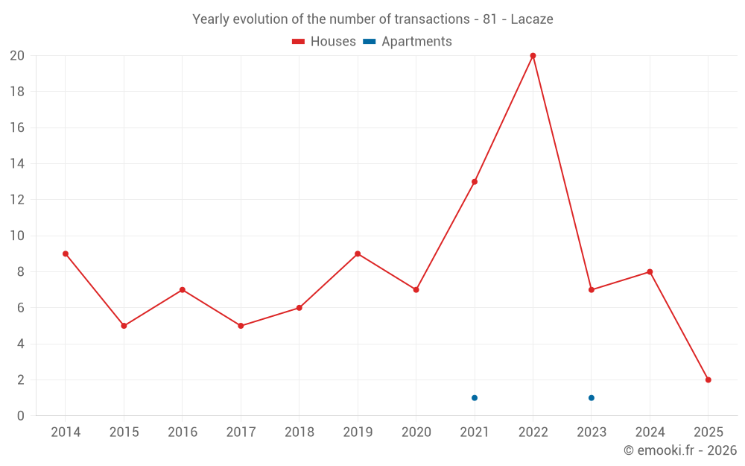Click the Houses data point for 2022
[533, 56]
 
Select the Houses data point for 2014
[66, 254]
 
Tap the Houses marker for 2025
[708, 380]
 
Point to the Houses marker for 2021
[475, 182]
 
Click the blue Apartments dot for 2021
[475, 397]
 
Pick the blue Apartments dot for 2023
[591, 397]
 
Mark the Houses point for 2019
[358, 254]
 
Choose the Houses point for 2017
[241, 326]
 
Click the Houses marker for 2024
[650, 272]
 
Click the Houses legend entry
[324, 42]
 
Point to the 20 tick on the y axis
[17, 56]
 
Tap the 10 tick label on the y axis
[17, 236]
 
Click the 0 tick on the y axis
[21, 416]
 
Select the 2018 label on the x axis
[299, 432]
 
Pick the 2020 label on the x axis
[416, 432]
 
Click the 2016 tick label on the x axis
[183, 432]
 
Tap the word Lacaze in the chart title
[532, 19]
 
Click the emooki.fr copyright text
[680, 450]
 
